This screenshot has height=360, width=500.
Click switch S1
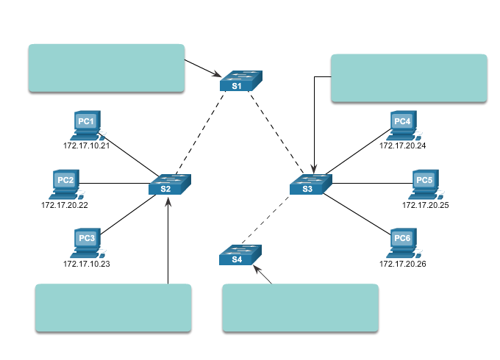pos(240,81)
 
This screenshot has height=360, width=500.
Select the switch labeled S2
pos(169,184)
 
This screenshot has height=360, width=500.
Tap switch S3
pos(310,184)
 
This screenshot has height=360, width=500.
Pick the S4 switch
pos(240,255)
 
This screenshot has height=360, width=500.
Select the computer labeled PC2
pos(66,184)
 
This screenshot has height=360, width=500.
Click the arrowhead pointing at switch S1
pos(217,74)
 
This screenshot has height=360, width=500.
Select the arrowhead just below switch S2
pos(168,201)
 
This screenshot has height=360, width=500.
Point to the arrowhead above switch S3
pos(314,169)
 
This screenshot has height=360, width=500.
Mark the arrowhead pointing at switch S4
pos(257,270)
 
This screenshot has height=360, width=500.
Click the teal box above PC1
pos(107,68)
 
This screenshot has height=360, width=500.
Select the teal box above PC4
pos(409,77)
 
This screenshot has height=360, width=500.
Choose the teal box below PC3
pos(113,307)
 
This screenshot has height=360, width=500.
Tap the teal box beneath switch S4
pos(300,307)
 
